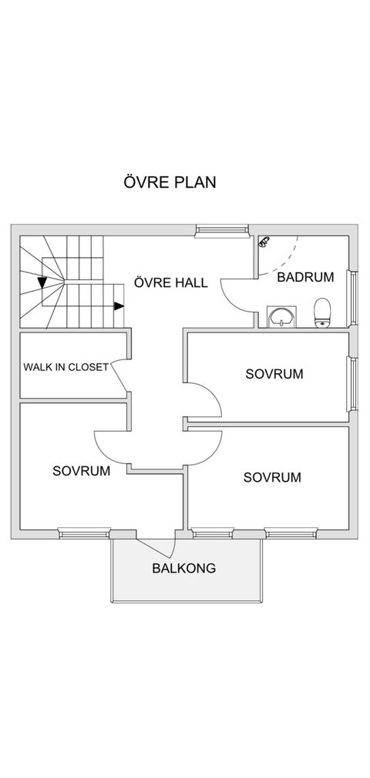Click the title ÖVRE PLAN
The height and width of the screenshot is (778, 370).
click(x=169, y=182)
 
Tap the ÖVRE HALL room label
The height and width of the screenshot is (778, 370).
click(x=170, y=282)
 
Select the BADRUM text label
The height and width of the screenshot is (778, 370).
click(x=305, y=277)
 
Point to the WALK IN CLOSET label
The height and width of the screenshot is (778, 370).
click(x=66, y=367)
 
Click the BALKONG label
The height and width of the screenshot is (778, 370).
click(x=183, y=569)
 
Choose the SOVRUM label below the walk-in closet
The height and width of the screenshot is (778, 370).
click(x=81, y=470)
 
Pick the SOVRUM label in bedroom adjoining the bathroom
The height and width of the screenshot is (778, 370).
click(x=274, y=374)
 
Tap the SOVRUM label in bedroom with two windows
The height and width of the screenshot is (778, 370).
click(x=271, y=477)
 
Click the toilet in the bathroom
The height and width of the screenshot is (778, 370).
click(x=322, y=313)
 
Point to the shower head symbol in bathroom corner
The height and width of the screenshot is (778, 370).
click(x=264, y=241)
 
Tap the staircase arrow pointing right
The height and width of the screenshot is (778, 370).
click(x=118, y=306)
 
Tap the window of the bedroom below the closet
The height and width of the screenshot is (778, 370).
click(x=84, y=533)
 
